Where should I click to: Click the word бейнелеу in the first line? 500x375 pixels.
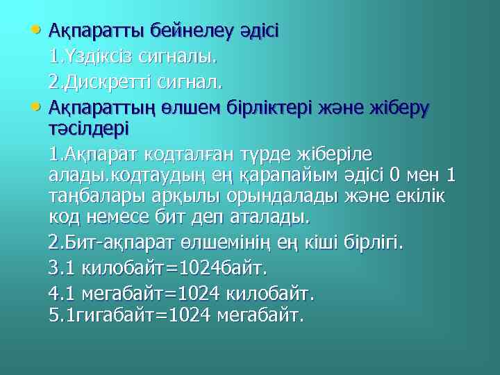[172, 31]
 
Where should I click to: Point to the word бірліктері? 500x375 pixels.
[274, 108]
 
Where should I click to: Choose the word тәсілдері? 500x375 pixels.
[89, 129]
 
